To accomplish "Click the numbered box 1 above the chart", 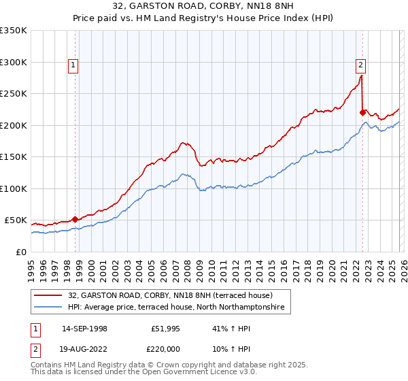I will [x=73, y=65].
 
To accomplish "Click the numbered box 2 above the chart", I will [x=360, y=65].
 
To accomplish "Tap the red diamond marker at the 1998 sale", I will [x=75, y=219].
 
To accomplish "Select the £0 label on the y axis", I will [x=20, y=252].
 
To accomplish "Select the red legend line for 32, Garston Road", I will [x=49, y=295].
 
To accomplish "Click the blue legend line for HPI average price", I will [x=49, y=308].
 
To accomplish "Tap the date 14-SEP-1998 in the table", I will [x=84, y=328].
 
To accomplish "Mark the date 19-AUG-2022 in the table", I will [x=85, y=348].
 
